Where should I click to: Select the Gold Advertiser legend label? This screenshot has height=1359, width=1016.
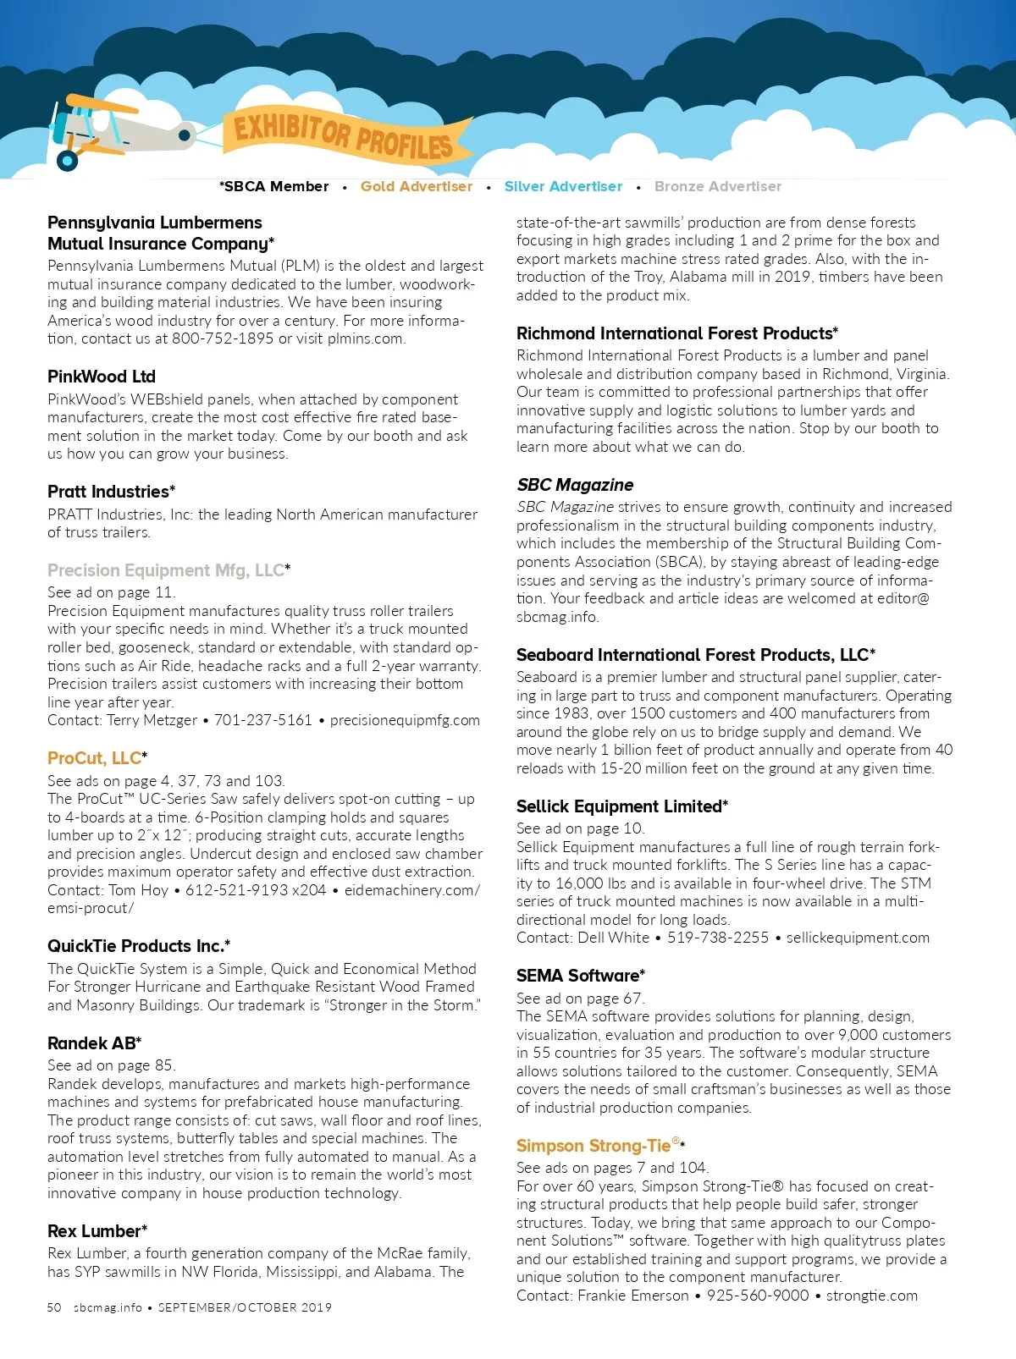pyautogui.click(x=417, y=186)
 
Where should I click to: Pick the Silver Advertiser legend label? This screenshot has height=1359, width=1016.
pyautogui.click(x=563, y=186)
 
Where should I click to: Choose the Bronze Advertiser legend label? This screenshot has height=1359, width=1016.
pyautogui.click(x=718, y=186)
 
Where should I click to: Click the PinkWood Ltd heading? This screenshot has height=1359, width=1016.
pyautogui.click(x=102, y=377)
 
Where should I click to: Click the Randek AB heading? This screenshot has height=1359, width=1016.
pyautogui.click(x=94, y=1043)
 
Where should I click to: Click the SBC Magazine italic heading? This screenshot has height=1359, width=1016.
pyautogui.click(x=575, y=485)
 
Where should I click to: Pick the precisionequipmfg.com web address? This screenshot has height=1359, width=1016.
pyautogui.click(x=405, y=720)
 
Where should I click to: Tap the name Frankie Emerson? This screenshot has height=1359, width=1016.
pyautogui.click(x=633, y=1296)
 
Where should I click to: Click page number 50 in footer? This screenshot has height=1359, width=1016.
pyautogui.click(x=54, y=1307)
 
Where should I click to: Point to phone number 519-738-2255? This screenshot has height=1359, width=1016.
pyautogui.click(x=718, y=938)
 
